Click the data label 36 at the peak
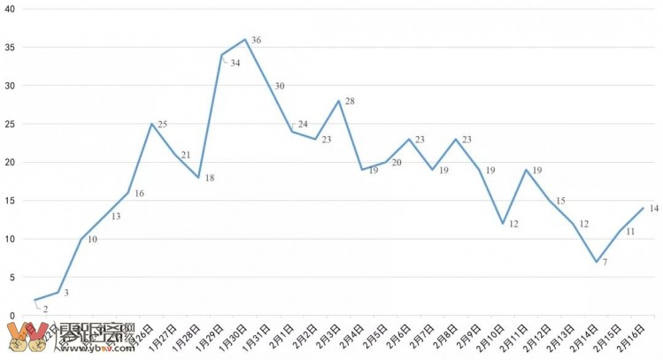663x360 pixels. point(256,41)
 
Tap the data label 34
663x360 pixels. point(235,63)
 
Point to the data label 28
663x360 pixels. point(350,102)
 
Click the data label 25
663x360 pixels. point(162,125)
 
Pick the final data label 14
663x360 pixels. point(654,209)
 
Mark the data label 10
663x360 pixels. point(92,240)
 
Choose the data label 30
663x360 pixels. point(279,86)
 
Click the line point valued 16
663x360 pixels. point(128,192)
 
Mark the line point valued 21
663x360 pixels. point(176,154)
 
